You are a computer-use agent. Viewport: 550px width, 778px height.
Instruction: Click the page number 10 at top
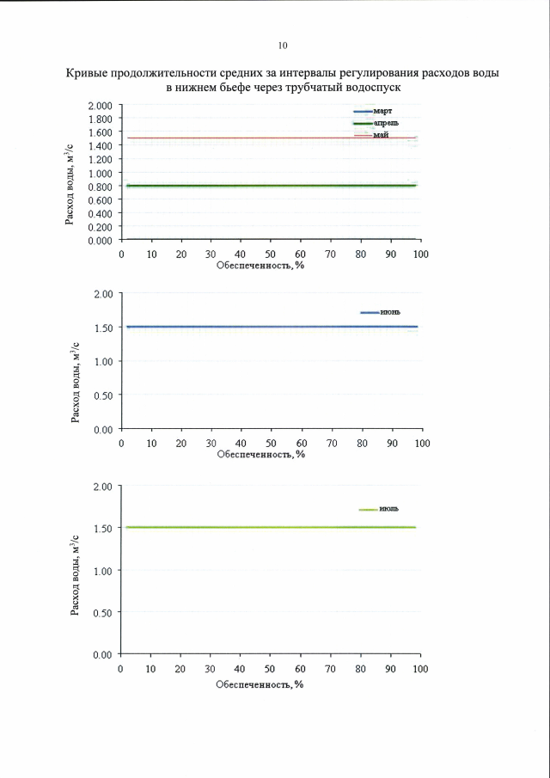pos(284,46)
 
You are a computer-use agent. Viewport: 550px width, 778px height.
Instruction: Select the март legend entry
pos(382,112)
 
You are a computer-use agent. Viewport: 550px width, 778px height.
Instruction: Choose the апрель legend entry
pos(385,124)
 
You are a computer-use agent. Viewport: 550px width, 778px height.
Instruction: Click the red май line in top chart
pos(258,138)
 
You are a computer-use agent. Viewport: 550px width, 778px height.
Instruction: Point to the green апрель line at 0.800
pos(258,185)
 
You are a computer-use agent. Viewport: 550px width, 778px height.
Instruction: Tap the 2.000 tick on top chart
pos(101,106)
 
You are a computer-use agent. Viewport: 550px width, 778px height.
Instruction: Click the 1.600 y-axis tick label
pos(101,132)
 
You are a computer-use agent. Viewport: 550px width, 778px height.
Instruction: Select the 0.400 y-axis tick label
pos(101,213)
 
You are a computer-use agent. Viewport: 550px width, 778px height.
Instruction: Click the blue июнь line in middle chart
pos(258,327)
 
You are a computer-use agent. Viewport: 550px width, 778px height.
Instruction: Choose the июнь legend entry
pos(383,312)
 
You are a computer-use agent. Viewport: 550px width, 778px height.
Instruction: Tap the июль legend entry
pos(383,510)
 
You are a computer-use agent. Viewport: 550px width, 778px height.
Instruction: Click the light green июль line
pos(258,527)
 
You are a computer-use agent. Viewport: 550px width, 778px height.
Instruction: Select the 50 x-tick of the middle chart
pos(271,443)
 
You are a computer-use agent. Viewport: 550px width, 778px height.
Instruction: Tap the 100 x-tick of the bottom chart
pos(421,669)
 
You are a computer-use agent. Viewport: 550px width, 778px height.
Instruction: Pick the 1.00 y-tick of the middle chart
pos(103,361)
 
